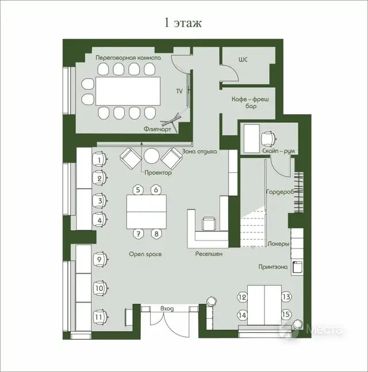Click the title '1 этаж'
click(x=183, y=23)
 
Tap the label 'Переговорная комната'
click(x=128, y=58)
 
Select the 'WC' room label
click(x=244, y=59)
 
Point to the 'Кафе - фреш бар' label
click(x=250, y=103)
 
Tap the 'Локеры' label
click(x=278, y=243)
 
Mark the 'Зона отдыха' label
click(x=199, y=152)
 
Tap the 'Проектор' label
click(x=158, y=172)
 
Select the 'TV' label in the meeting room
click(x=179, y=91)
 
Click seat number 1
click(x=99, y=160)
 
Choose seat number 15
click(x=286, y=315)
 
